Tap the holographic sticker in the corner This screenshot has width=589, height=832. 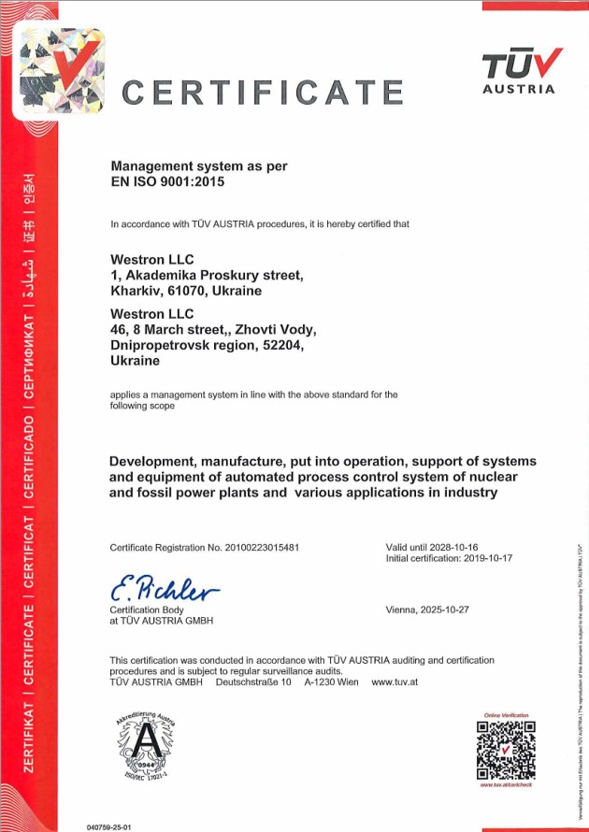[x=58, y=73]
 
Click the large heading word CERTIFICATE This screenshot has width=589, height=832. [x=263, y=93]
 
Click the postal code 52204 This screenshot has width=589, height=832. [x=282, y=346]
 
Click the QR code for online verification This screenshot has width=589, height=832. [x=506, y=750]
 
